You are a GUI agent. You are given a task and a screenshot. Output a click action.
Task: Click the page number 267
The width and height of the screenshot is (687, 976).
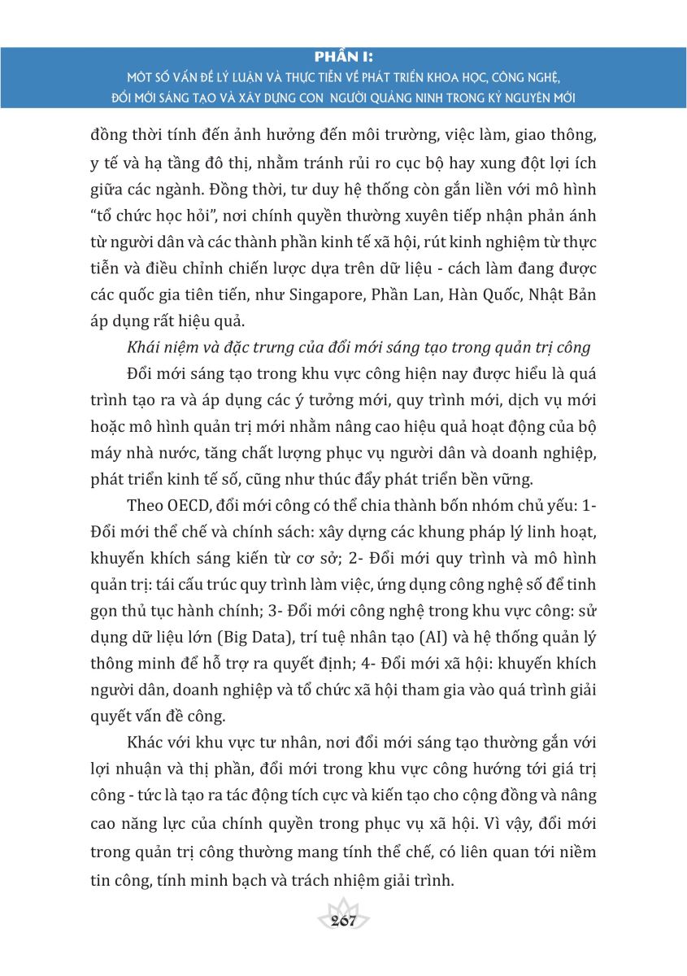(344, 921)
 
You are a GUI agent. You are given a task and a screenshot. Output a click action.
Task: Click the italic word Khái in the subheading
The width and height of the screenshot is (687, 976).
(146, 346)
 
